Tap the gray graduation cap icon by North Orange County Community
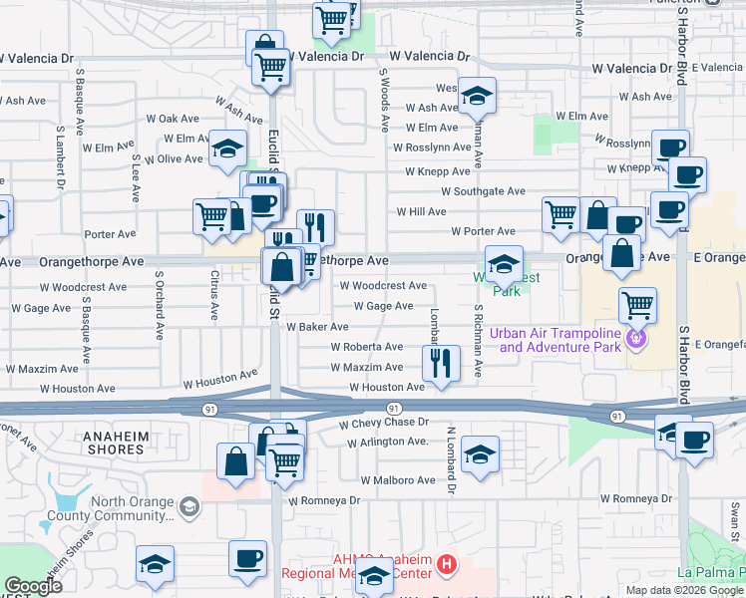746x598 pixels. click(187, 508)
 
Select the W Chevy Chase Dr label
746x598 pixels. click(383, 423)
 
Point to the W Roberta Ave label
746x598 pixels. click(366, 347)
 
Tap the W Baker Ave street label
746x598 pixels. click(317, 327)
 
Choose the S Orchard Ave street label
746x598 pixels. click(159, 302)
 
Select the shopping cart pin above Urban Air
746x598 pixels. click(636, 304)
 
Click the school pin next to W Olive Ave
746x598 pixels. click(228, 148)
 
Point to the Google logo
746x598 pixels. click(33, 586)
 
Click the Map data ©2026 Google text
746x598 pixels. click(683, 590)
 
